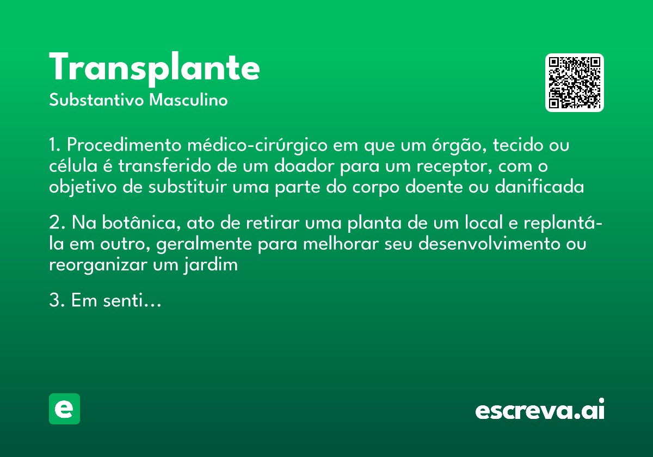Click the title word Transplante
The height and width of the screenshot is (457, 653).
point(155,68)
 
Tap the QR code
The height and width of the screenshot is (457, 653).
point(575,83)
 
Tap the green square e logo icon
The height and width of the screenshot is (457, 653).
point(64,409)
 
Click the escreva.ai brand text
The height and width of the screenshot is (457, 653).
point(540,410)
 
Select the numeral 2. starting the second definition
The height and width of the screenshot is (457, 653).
point(57,224)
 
